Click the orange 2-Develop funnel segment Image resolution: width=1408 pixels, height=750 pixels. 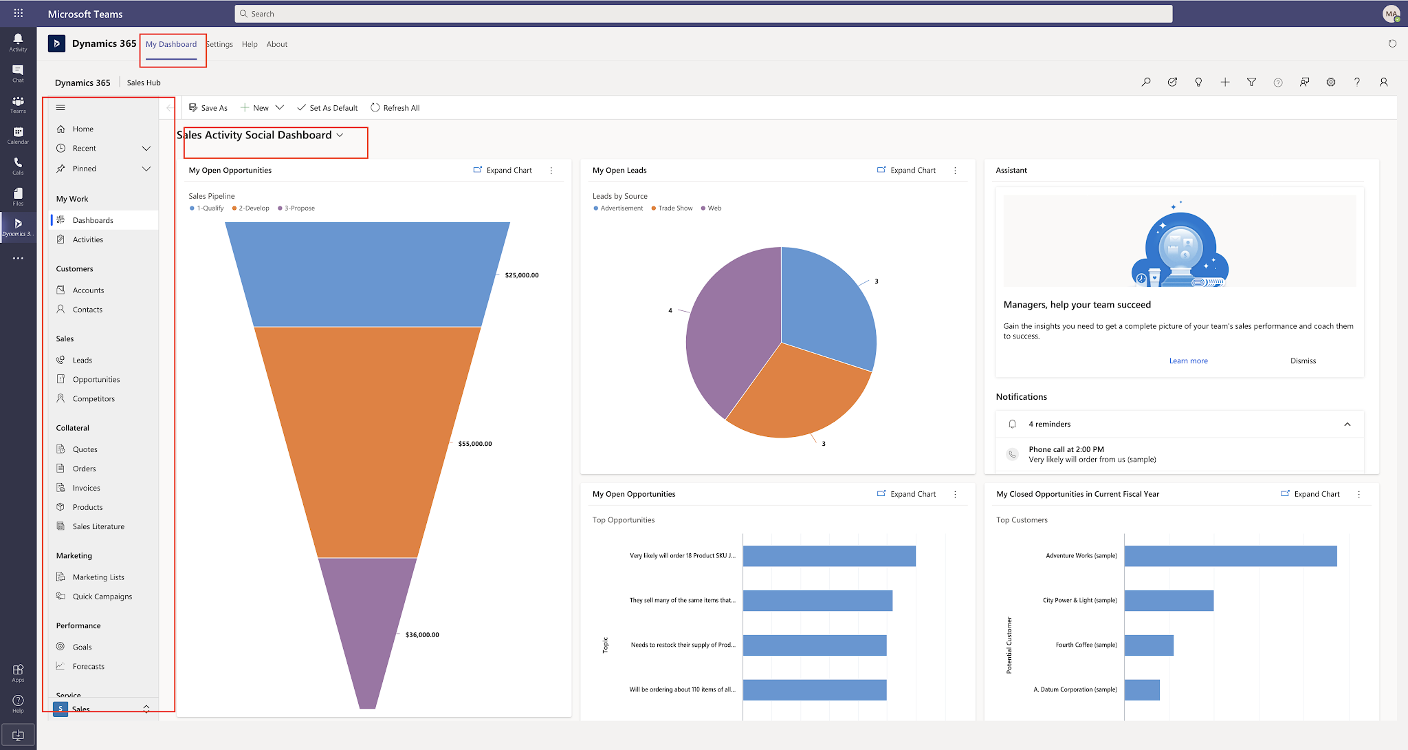click(x=368, y=440)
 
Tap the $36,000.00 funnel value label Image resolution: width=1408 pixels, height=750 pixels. click(x=422, y=635)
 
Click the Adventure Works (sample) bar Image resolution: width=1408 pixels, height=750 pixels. click(x=1230, y=556)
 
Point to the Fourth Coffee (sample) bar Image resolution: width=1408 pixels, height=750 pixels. click(x=1149, y=645)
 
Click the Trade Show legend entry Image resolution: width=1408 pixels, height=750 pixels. click(x=674, y=208)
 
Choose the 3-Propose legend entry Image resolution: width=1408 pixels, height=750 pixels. click(x=299, y=208)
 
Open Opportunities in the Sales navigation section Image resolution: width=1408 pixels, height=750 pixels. click(x=96, y=380)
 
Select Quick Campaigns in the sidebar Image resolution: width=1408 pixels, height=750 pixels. click(x=102, y=597)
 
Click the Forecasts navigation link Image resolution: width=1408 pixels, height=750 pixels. click(x=89, y=667)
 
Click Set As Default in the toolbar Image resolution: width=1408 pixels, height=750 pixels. click(x=333, y=108)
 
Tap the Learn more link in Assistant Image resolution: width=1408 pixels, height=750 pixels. click(x=1188, y=361)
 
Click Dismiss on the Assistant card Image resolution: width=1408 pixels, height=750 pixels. click(x=1303, y=361)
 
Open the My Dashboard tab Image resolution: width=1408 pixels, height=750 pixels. click(x=171, y=45)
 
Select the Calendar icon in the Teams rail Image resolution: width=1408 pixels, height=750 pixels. click(x=18, y=134)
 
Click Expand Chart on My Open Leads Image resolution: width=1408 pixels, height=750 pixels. click(x=907, y=171)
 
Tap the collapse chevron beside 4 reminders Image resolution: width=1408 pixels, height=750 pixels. click(x=1347, y=425)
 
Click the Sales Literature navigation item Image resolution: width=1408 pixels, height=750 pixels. click(x=98, y=527)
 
